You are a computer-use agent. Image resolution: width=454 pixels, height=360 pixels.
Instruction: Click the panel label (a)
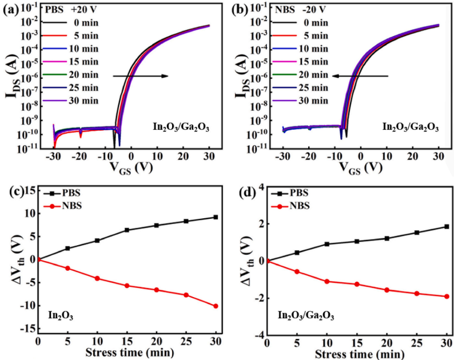pos(10,10)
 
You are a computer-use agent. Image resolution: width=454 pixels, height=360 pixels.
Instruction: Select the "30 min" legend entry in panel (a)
pos(81,101)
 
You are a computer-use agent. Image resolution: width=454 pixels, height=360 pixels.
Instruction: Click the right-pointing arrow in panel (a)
pos(140,75)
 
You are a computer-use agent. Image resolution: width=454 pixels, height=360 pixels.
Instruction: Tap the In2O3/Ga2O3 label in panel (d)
pos(306,315)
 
